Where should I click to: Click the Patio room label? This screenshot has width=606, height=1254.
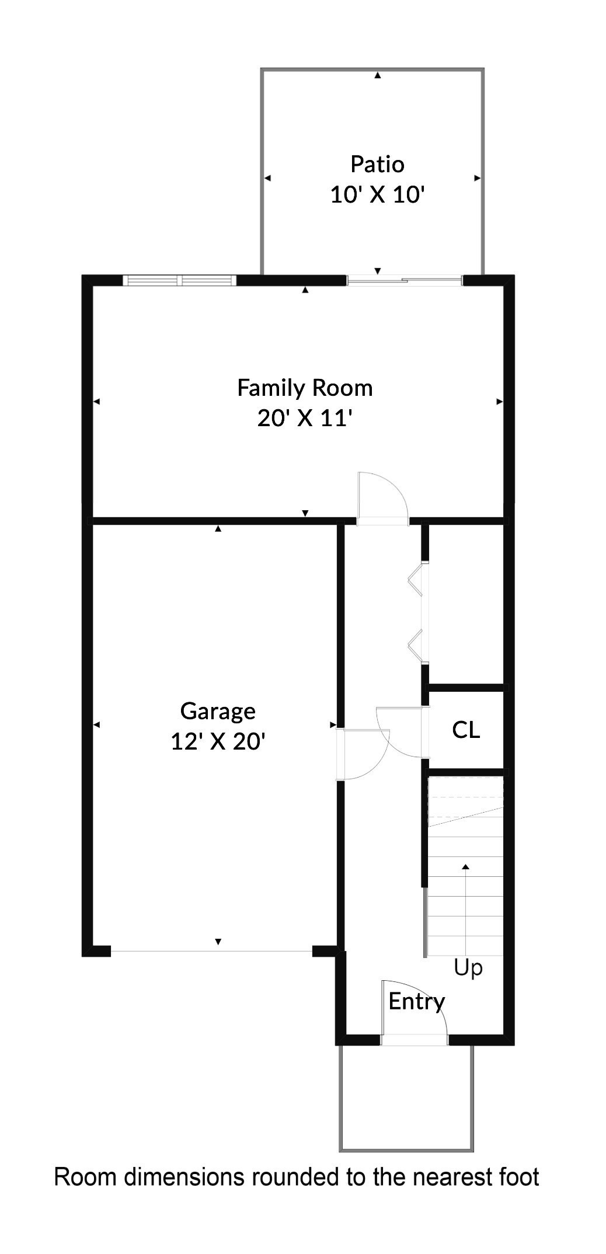click(x=377, y=164)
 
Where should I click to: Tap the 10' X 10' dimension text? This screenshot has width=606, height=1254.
click(x=377, y=194)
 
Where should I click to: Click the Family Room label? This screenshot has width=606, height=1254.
click(x=305, y=388)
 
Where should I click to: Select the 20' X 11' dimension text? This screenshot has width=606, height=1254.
click(x=305, y=418)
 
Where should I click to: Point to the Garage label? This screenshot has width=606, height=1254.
click(x=218, y=711)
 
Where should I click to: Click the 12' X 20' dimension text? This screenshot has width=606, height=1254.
click(x=218, y=741)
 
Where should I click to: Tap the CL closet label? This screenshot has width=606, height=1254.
click(x=466, y=729)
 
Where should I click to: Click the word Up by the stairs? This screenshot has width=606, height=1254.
click(x=468, y=967)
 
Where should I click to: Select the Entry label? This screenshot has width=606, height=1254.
click(x=416, y=1001)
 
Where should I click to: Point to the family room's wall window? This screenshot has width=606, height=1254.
click(x=180, y=281)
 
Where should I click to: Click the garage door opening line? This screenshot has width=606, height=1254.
click(x=211, y=952)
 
